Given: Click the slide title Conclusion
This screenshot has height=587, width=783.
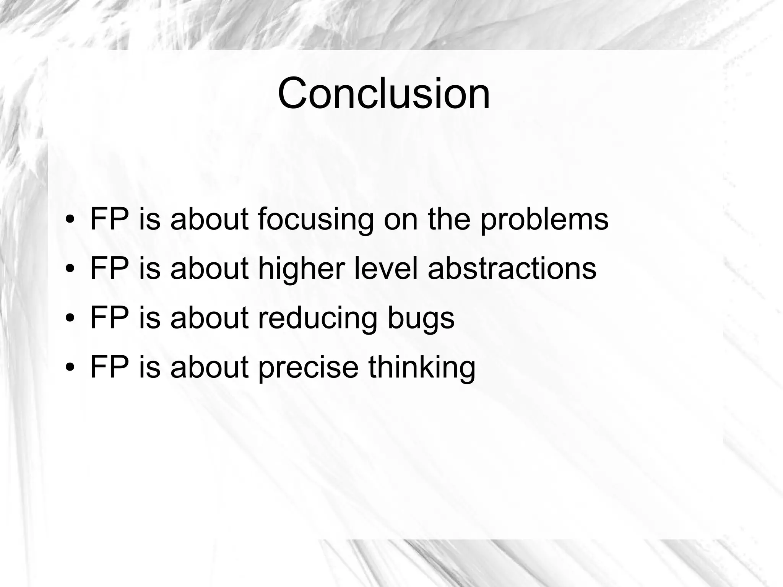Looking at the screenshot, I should point(383,94).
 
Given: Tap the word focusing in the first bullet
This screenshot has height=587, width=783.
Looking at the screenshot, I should point(315,220).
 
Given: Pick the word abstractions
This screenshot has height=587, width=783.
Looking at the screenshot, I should point(512,269).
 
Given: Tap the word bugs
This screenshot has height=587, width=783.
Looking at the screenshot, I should point(421,318).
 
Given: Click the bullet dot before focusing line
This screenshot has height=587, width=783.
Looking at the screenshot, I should point(70,220).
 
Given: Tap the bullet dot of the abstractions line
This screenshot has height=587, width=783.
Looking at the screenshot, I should point(70,269).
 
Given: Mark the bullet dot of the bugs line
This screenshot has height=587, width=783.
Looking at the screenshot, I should point(70,319).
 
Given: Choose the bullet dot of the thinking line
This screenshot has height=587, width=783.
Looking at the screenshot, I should point(70,367).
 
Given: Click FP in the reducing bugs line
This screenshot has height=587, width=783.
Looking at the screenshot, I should point(109,318).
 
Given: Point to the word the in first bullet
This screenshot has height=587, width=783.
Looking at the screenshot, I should point(448,220).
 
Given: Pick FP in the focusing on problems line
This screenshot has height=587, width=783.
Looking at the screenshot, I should point(109,220).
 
